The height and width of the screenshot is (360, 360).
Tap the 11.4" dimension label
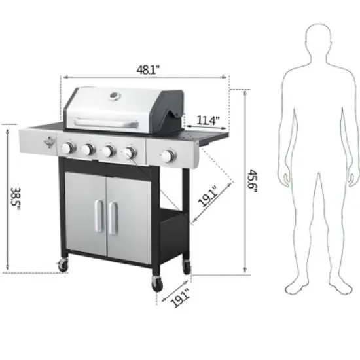pyautogui.click(x=208, y=120)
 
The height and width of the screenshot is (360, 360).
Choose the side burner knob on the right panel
pyautogui.click(x=169, y=156)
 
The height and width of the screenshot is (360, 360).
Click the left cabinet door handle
pyautogui.click(x=98, y=215)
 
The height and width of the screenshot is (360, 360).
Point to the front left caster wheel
pyautogui.click(x=63, y=264)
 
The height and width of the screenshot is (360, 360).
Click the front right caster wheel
pyautogui.click(x=158, y=283)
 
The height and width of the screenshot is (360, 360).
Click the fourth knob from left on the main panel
pyautogui.click(x=130, y=153)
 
